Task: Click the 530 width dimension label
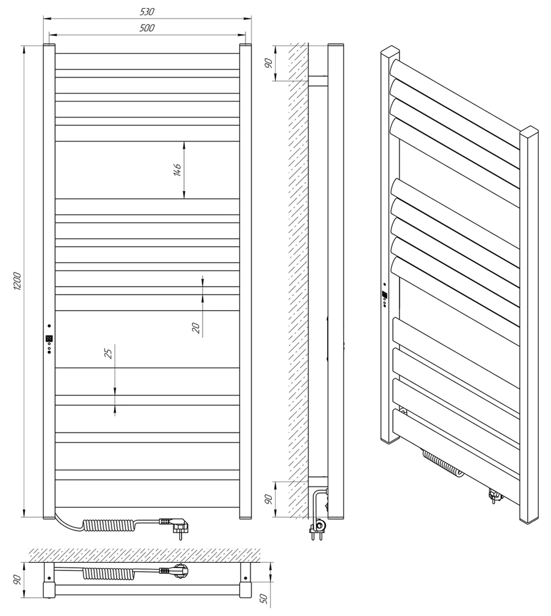[147, 12]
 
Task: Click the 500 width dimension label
[147, 28]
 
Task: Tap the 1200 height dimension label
[17, 281]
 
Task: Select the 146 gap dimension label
[177, 170]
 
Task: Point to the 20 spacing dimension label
[196, 327]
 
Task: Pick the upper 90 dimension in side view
[269, 63]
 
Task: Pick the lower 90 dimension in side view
[269, 499]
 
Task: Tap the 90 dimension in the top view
[17, 579]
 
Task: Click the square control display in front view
[49, 338]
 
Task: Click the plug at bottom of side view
[318, 528]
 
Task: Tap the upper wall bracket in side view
[318, 81]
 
